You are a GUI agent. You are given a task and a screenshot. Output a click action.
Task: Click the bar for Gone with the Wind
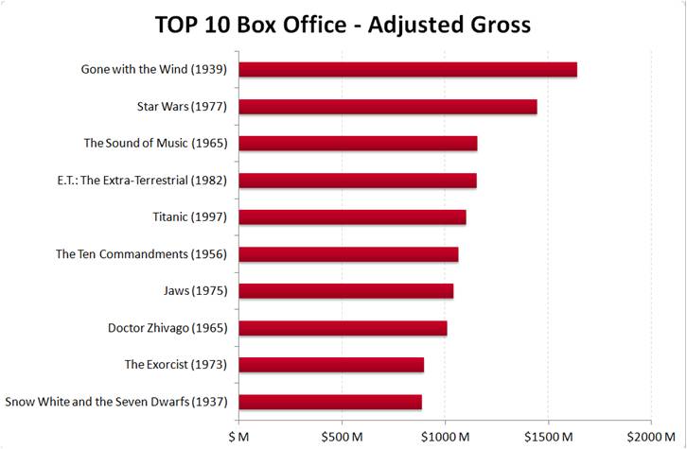(408, 69)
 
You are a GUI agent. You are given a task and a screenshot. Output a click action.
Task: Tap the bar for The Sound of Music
(358, 144)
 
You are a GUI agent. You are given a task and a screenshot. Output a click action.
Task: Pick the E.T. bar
(358, 181)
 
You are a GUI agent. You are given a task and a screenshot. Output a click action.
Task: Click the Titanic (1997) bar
(352, 217)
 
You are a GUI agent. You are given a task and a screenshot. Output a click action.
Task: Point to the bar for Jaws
(345, 291)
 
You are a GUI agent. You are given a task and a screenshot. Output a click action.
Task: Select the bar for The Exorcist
(331, 365)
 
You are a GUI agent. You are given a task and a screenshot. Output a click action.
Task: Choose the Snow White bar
(330, 402)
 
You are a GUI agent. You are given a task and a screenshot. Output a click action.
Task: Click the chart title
(343, 25)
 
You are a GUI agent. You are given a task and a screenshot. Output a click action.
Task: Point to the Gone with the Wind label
(154, 69)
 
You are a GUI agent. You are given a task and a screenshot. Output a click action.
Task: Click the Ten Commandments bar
(348, 254)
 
